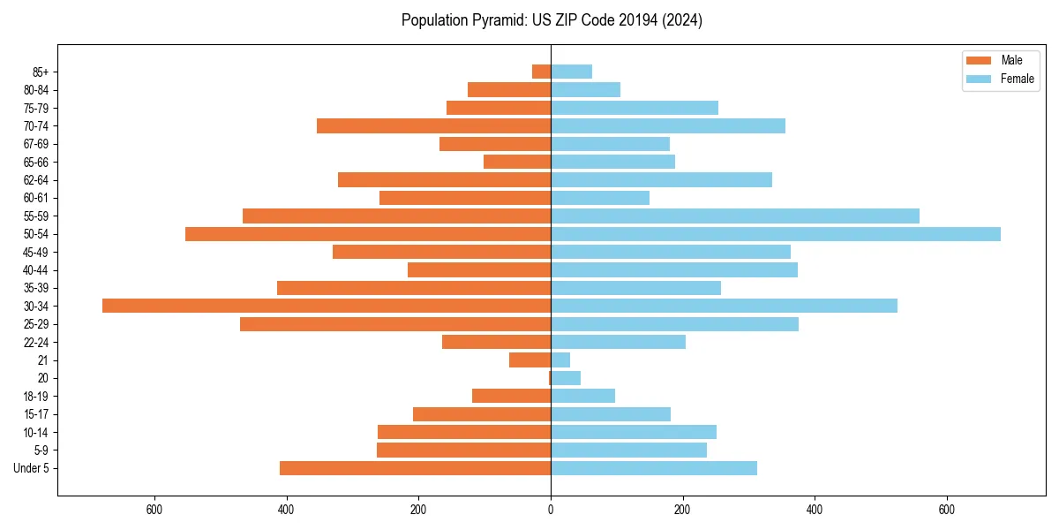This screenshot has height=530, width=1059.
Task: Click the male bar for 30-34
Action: point(327,306)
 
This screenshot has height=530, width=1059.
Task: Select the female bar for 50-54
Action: point(776,234)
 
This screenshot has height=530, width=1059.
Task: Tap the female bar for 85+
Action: point(571,72)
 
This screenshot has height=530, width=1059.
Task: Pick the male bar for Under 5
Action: point(415,468)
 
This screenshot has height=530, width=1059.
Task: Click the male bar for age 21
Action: point(529,360)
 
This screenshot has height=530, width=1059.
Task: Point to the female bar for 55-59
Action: point(735,216)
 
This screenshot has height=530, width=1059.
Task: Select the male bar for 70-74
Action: point(433,125)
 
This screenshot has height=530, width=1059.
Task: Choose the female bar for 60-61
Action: point(600,198)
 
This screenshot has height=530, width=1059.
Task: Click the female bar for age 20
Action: point(566,378)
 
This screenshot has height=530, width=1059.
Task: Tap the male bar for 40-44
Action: point(479,269)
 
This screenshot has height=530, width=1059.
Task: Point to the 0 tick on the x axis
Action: point(551,510)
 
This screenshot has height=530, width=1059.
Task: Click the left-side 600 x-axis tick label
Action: point(154,510)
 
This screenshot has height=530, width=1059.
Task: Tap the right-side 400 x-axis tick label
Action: point(815,510)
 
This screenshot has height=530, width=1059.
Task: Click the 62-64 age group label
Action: point(36,180)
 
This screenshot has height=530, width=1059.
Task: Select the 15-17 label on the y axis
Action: point(36,414)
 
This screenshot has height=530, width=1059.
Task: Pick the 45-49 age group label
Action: point(36,252)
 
